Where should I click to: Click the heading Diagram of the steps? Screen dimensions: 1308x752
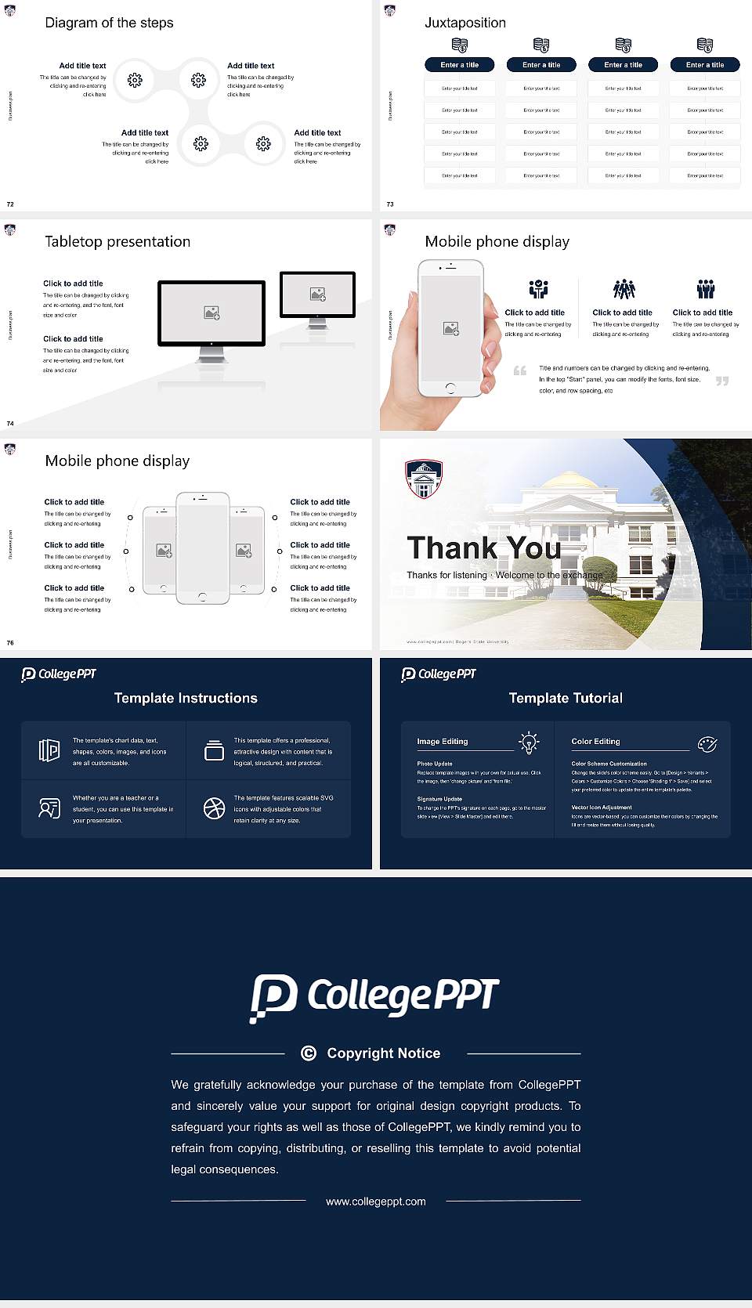click(109, 23)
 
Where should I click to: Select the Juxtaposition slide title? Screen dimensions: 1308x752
click(465, 23)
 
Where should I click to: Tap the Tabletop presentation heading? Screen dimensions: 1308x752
click(117, 242)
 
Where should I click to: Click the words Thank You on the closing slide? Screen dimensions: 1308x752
click(483, 548)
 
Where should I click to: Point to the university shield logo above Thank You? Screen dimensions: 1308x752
click(423, 478)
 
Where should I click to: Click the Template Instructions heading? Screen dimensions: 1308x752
click(186, 698)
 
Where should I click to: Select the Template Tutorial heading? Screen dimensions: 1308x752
click(566, 698)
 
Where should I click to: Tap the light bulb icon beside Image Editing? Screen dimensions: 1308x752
click(529, 743)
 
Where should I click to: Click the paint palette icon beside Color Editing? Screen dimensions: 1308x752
click(707, 743)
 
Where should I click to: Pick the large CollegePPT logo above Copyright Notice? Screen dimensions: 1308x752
click(375, 997)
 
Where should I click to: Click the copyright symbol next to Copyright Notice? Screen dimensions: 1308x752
click(309, 1053)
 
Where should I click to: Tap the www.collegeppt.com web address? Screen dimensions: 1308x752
click(376, 1201)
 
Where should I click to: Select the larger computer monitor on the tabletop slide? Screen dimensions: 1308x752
click(211, 313)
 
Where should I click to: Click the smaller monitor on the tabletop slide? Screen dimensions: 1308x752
click(317, 294)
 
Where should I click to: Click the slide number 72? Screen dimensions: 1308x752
click(10, 204)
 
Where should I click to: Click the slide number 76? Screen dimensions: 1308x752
click(10, 643)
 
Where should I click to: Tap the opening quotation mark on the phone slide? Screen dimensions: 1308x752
click(520, 370)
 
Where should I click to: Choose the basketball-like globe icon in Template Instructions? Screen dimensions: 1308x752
click(214, 808)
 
